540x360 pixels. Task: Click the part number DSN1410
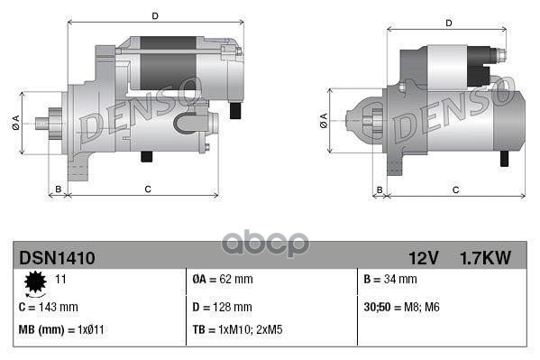pos(57,258)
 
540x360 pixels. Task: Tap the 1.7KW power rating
pos(486,258)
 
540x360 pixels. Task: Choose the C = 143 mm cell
pos(49,307)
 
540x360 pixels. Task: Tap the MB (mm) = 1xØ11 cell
pos(59,329)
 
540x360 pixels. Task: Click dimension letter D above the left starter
pos(156,16)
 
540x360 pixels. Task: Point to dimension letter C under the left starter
pos(147,189)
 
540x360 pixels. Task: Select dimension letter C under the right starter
pos(456,189)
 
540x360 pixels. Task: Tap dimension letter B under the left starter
pos(59,189)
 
